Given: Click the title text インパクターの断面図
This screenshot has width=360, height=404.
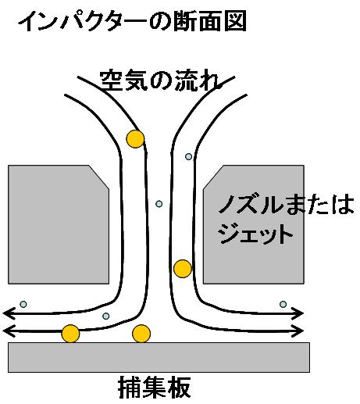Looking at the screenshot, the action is [132, 21].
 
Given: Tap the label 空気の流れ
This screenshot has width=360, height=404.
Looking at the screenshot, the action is [161, 80].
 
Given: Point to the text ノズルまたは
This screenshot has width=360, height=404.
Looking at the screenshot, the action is [286, 205].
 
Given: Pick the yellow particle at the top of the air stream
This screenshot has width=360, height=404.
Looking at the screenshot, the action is [135, 139].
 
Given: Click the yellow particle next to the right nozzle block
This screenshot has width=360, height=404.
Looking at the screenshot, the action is [183, 269].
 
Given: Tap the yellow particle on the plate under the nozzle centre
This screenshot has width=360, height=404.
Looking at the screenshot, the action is [141, 334].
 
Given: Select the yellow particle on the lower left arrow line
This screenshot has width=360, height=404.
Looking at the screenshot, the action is [70, 334].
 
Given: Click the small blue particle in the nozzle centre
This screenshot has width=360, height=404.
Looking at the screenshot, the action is [159, 204].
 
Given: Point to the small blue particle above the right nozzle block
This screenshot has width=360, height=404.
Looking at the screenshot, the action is [188, 156].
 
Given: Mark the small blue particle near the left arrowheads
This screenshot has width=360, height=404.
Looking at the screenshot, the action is [23, 304].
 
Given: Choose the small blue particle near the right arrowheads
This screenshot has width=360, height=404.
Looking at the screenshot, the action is [283, 304].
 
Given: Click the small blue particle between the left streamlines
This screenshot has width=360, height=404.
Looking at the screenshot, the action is [105, 316].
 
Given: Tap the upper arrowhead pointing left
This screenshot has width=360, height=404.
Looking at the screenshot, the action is [9, 313].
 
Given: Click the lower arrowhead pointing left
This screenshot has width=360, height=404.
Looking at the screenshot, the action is [9, 331].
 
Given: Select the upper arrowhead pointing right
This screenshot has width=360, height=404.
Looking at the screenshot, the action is [298, 313].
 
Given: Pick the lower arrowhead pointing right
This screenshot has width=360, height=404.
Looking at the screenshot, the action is [298, 331].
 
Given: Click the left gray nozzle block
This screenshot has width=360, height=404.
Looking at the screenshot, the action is [59, 224].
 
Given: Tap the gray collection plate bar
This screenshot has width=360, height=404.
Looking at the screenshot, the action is [159, 357].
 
